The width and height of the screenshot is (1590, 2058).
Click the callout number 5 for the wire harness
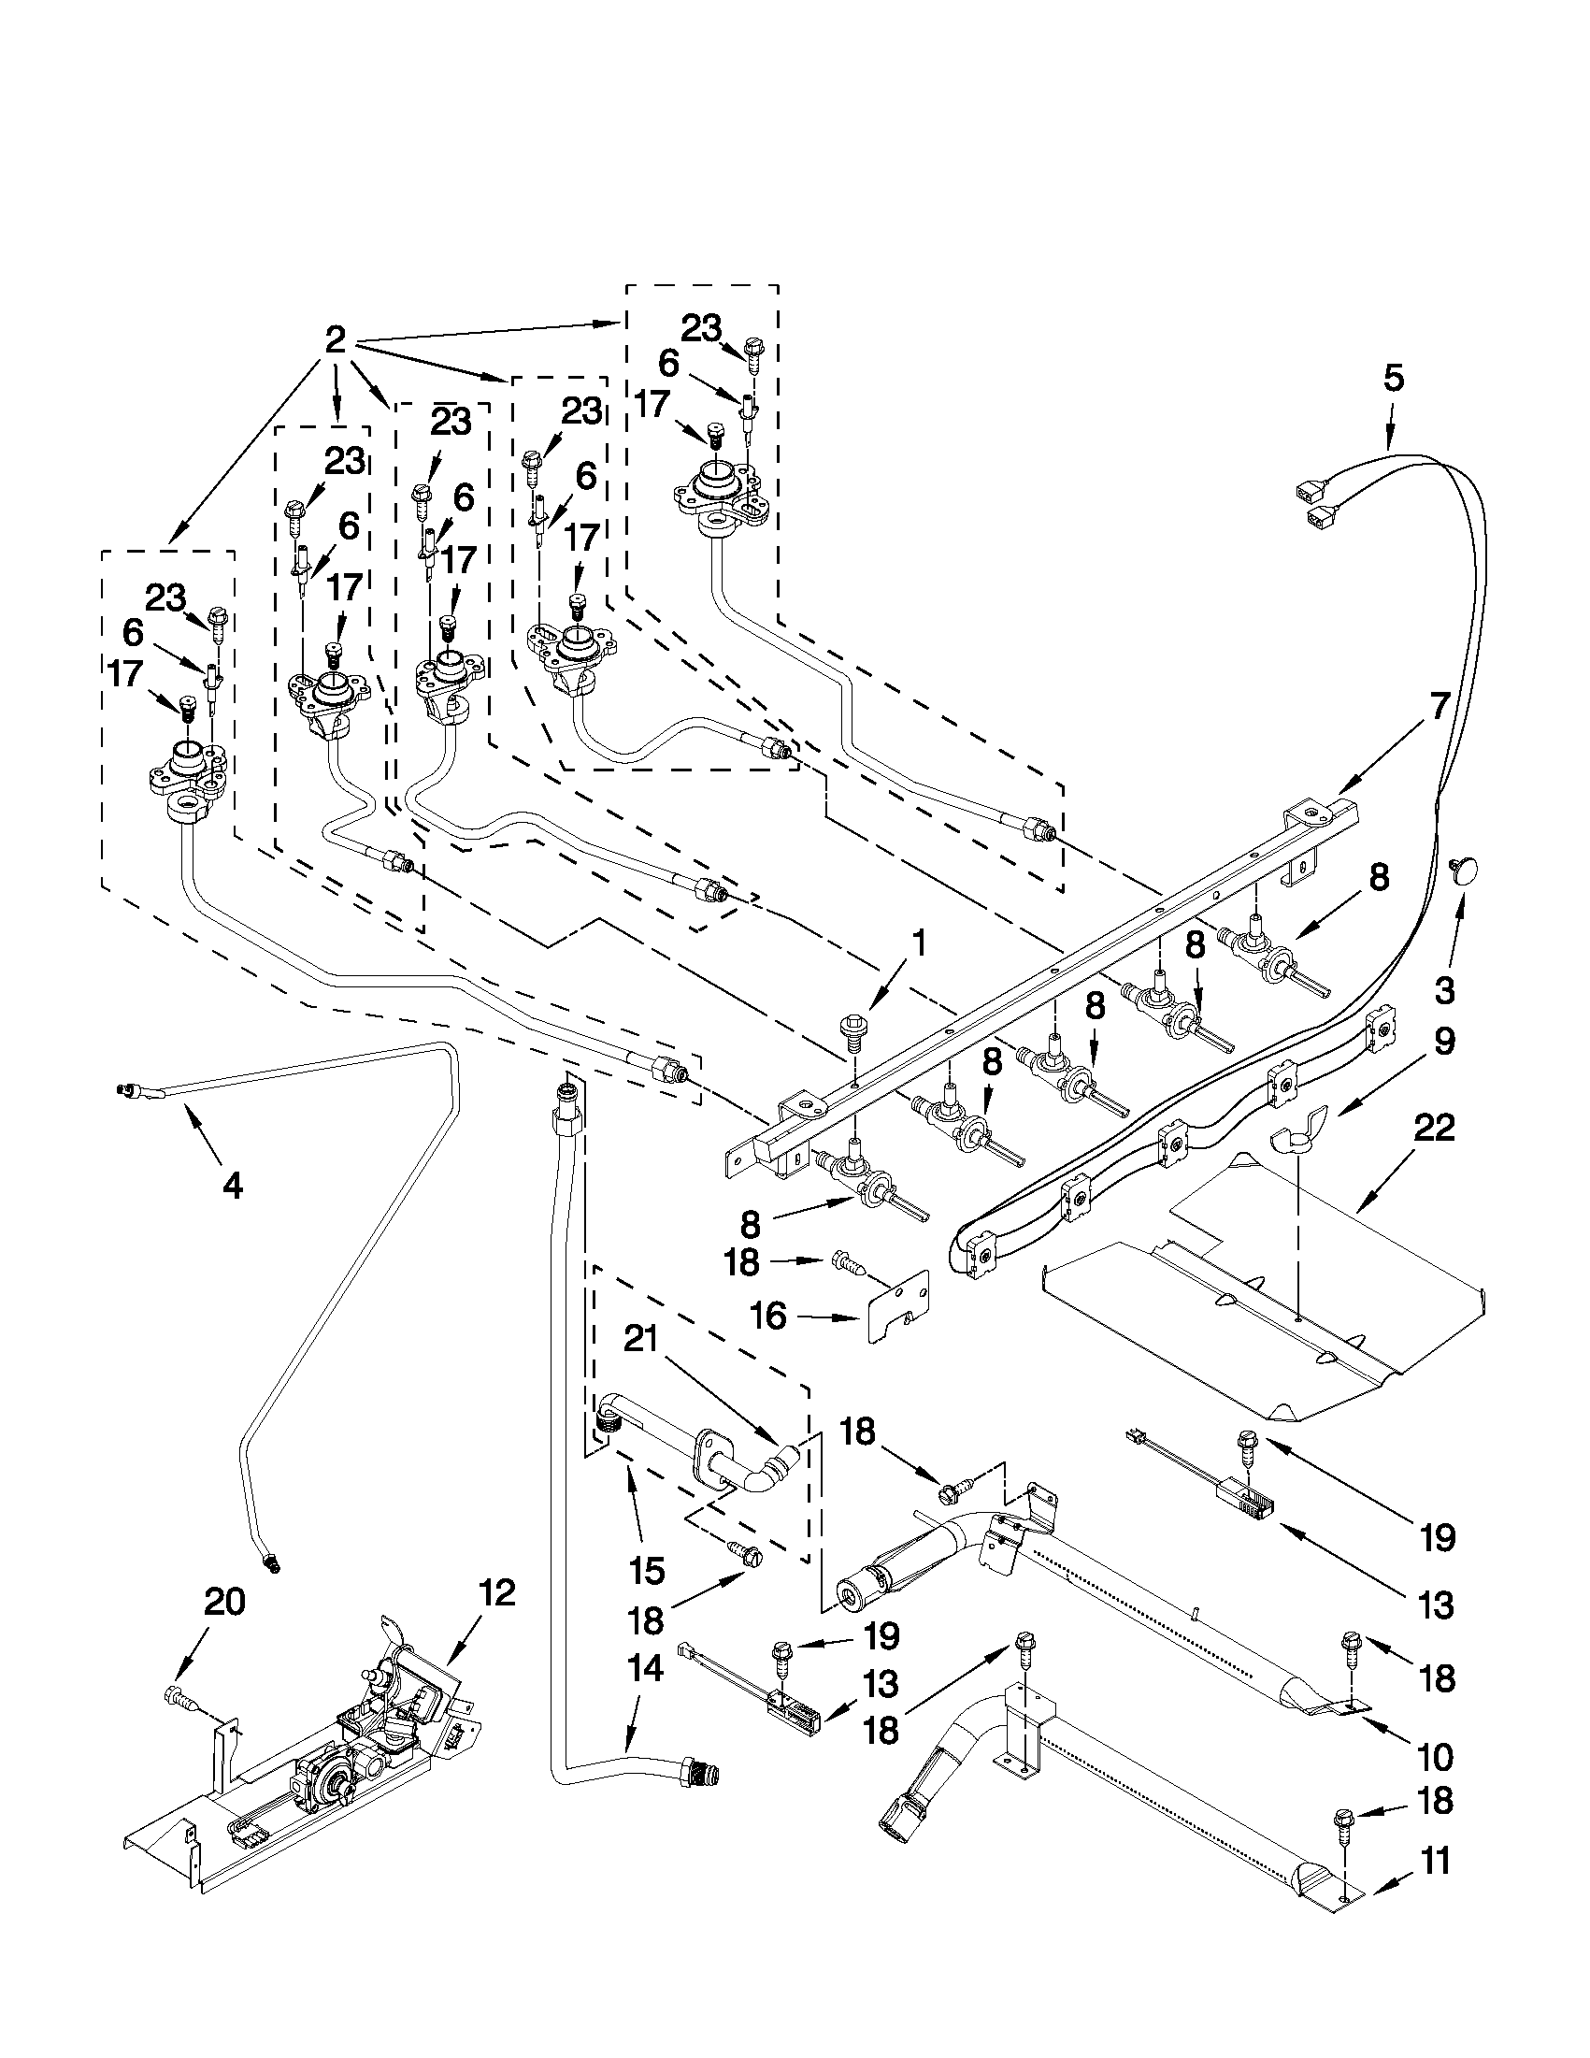click(x=1393, y=378)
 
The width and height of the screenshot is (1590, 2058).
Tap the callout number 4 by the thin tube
click(x=232, y=1185)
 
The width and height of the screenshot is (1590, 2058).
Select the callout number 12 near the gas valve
click(x=497, y=1591)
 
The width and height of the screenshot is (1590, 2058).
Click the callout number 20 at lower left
click(x=224, y=1600)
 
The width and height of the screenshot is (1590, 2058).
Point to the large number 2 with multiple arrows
click(x=336, y=339)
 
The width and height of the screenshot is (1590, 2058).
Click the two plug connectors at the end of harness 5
click(x=1316, y=500)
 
